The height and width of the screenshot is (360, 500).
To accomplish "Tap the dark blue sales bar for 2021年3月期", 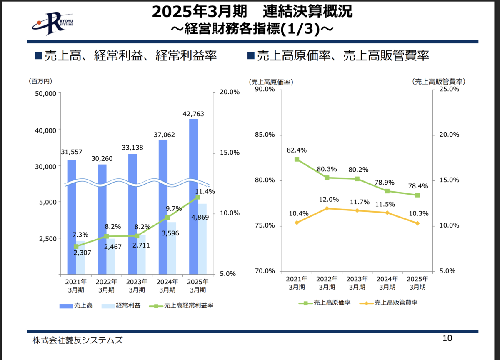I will pyautogui.click(x=72, y=208).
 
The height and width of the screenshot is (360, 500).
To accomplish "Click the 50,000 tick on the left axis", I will pyautogui.click(x=44, y=94).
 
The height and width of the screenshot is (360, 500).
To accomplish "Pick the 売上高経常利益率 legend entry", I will pyautogui.click(x=183, y=305).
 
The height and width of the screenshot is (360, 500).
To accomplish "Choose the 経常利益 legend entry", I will pyautogui.click(x=122, y=305).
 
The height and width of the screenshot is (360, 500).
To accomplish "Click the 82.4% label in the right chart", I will pyautogui.click(x=296, y=150).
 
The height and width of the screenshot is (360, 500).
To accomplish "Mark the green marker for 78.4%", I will pyautogui.click(x=417, y=195).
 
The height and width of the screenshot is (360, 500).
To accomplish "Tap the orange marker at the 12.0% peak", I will pyautogui.click(x=327, y=208).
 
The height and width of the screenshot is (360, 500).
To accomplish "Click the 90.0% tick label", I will pyautogui.click(x=265, y=89).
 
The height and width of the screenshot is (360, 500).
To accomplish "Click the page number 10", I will pyautogui.click(x=447, y=338).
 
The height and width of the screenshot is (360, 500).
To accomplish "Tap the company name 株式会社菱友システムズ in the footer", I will pyautogui.click(x=77, y=340).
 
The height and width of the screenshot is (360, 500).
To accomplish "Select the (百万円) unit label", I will pyautogui.click(x=41, y=81).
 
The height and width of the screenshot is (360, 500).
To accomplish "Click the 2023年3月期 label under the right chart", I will pyautogui.click(x=357, y=283).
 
